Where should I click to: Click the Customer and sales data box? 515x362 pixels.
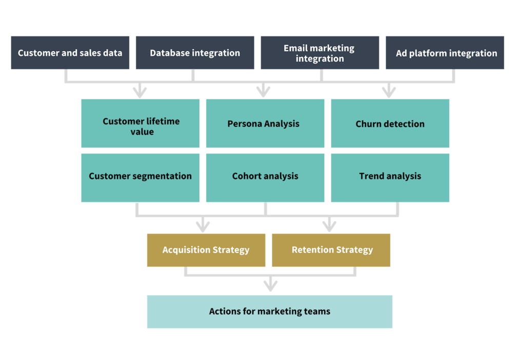pos(70,53)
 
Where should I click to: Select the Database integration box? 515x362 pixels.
pos(194,53)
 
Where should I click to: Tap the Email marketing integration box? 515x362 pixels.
pos(320,53)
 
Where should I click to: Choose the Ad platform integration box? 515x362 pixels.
pos(445,53)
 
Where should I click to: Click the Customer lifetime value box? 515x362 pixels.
pos(140,123)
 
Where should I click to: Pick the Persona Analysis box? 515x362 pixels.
pos(265,123)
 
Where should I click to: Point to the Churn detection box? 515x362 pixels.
pos(390,123)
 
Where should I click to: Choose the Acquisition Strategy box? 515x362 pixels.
pos(206,250)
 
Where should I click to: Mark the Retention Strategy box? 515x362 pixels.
pos(331,250)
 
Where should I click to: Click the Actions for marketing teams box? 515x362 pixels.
pos(269,311)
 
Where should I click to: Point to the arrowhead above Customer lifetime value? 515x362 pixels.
pos(140,92)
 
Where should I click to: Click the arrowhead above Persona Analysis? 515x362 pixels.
pos(263,92)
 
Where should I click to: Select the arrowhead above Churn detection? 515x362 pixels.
pos(388,92)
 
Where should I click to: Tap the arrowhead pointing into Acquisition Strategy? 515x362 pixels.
pos(203,225)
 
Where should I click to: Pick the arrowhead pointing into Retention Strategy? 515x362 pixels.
pos(329,225)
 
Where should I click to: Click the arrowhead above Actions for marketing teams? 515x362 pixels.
pos(270,286)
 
